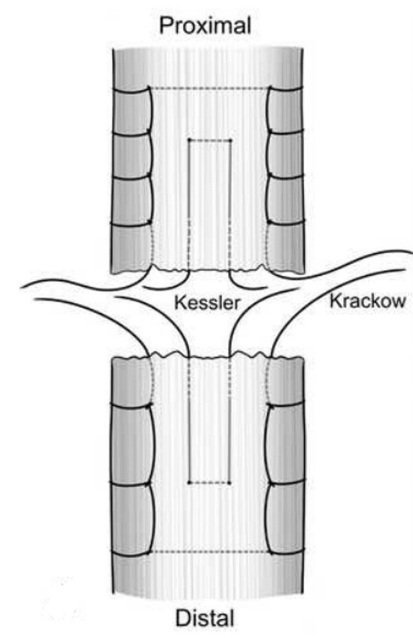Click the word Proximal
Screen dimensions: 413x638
pos(206,26)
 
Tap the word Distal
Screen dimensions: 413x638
pos(206,616)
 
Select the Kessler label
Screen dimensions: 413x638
pos(208,303)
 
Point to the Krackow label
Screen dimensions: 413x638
pos(367,301)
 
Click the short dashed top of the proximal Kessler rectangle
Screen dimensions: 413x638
pos(210,140)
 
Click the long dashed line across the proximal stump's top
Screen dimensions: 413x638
pos(210,89)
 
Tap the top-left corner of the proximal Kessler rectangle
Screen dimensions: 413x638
pos(189,140)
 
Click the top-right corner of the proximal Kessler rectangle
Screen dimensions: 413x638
pos(230,140)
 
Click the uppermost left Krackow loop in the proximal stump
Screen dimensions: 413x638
pos(132,110)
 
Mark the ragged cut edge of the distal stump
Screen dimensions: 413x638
pos(210,358)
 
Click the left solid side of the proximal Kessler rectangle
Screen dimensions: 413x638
pos(189,203)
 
